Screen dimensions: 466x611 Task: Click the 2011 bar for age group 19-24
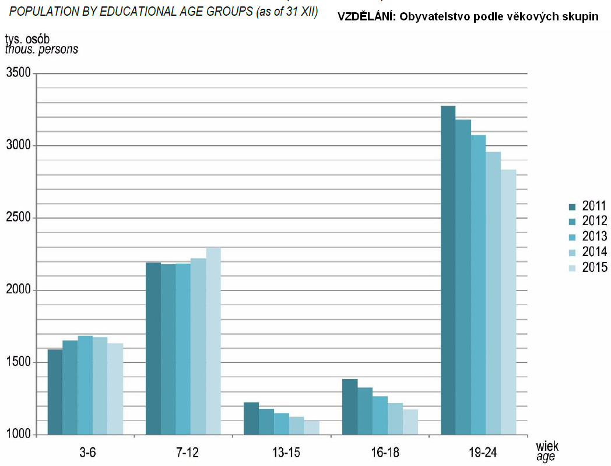pos(448,271)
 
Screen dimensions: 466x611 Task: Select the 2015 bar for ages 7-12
pos(213,341)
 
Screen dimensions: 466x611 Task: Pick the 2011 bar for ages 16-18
pos(350,407)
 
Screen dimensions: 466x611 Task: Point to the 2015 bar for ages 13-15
pos(311,428)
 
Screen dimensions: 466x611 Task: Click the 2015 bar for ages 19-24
pos(508,302)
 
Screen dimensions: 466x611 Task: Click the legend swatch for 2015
pos(572,268)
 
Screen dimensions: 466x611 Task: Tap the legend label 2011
pos(594,206)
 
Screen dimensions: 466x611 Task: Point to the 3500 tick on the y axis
pos(19,73)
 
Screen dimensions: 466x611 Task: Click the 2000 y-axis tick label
pos(19,290)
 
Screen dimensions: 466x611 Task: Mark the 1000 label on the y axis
pos(19,435)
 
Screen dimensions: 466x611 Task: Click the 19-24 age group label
pos(479,452)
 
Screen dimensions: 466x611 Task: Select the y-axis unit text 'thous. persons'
pos(41,50)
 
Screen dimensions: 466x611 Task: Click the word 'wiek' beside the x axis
pos(546,447)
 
